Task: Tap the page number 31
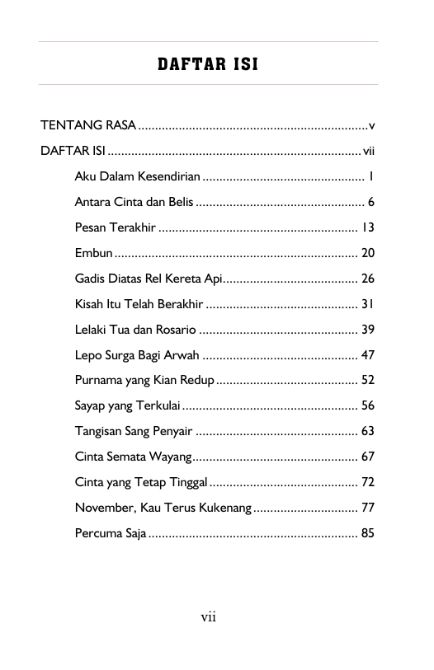[368, 303]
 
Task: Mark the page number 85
[368, 533]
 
